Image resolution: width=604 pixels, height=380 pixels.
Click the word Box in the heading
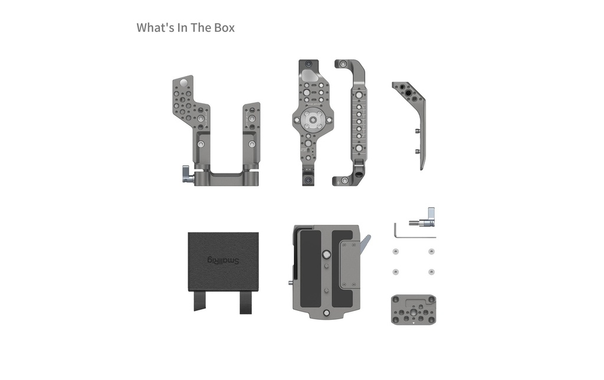tap(224, 28)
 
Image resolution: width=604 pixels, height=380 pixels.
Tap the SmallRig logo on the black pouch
tap(224, 261)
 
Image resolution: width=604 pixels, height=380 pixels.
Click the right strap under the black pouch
tap(246, 302)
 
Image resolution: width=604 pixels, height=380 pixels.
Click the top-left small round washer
tap(396, 252)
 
